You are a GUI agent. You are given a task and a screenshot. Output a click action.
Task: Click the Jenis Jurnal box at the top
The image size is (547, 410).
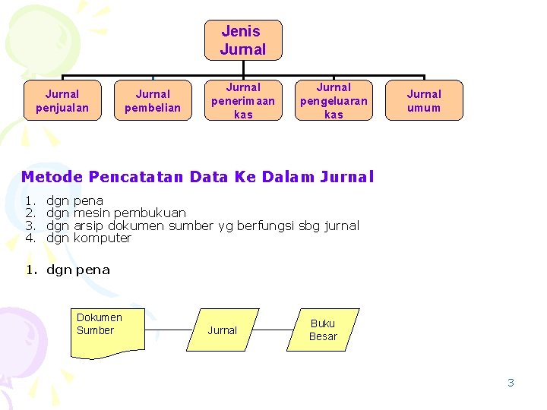(x=243, y=40)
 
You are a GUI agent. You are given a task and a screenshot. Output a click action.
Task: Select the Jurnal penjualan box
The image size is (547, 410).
(x=62, y=101)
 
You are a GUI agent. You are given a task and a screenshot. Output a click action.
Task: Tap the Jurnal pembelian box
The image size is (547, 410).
(x=153, y=101)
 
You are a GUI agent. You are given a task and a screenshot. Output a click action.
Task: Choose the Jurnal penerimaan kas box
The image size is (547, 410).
(x=243, y=101)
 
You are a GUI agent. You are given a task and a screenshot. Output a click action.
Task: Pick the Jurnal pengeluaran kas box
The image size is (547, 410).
(x=334, y=101)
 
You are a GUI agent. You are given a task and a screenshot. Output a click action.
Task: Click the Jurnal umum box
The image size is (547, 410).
(x=424, y=101)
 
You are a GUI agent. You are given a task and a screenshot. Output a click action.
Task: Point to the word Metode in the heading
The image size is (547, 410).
(x=52, y=177)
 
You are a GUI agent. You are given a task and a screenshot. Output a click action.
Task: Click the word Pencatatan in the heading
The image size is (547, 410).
(x=136, y=177)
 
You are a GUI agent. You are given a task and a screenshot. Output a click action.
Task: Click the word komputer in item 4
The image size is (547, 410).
(x=103, y=238)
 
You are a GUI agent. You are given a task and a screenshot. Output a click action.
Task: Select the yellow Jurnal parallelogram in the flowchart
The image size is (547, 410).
(x=222, y=330)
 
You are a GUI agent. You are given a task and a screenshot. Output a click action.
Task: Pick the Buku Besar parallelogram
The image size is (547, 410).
(x=323, y=330)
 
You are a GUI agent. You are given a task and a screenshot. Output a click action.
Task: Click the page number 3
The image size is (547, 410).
(x=511, y=383)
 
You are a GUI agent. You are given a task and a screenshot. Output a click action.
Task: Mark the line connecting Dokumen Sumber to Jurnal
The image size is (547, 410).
(x=171, y=330)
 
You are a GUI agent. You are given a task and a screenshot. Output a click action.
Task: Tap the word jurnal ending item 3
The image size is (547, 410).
(x=341, y=225)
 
